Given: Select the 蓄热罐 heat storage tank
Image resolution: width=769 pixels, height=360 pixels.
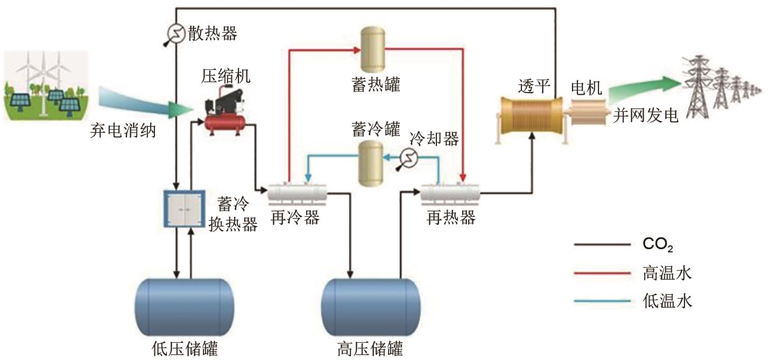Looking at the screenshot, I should click(x=373, y=52).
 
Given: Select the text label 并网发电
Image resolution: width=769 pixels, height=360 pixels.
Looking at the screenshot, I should click(x=646, y=115).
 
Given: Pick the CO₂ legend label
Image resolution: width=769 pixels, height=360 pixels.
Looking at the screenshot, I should click(x=658, y=245).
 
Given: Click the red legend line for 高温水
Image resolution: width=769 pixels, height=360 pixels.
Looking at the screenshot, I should click(x=602, y=273).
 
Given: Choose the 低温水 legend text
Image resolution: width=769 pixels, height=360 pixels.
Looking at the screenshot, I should click(x=667, y=301).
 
